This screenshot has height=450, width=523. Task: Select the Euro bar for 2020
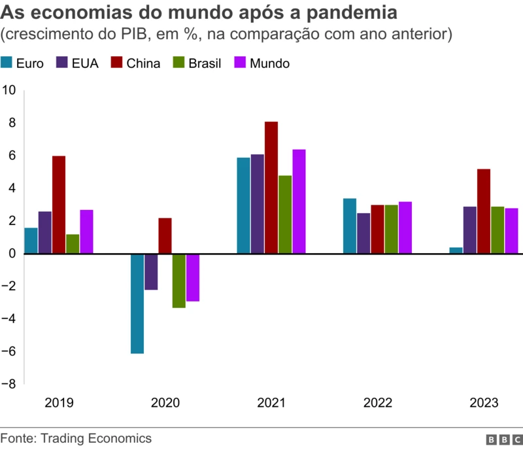(137, 303)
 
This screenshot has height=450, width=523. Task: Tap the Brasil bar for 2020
(179, 281)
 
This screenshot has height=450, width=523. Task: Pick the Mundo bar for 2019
(87, 232)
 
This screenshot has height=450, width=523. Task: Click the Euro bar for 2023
(456, 251)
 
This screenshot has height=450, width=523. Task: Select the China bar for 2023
(484, 211)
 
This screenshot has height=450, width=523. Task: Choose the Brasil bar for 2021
(285, 215)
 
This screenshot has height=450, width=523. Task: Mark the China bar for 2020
(165, 235)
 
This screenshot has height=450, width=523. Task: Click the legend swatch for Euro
(7, 63)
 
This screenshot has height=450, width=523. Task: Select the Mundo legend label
(269, 63)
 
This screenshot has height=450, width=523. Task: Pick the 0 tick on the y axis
(12, 254)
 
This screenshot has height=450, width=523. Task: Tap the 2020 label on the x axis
(165, 403)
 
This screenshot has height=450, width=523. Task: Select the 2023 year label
(484, 403)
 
